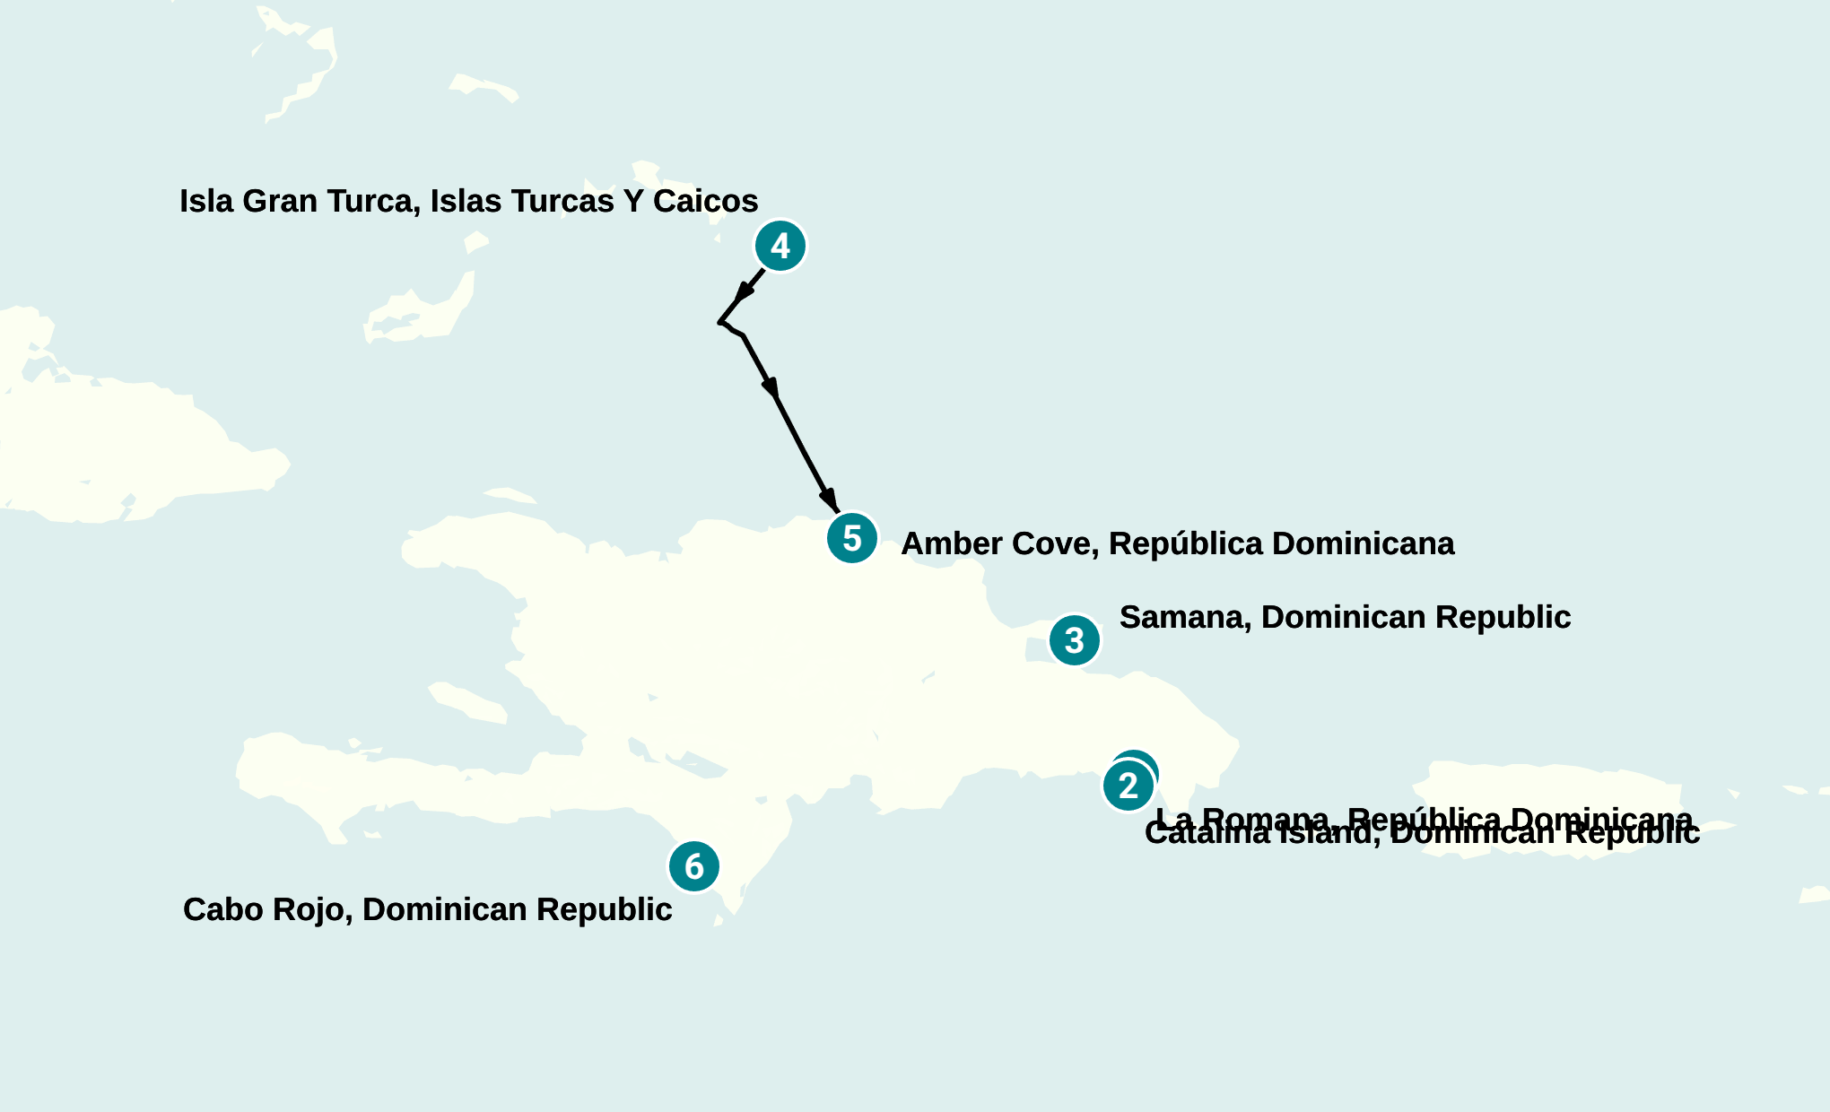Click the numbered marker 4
tap(780, 246)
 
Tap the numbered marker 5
tap(852, 538)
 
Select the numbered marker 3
tap(1074, 640)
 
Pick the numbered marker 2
tap(1128, 786)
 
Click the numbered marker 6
tap(694, 866)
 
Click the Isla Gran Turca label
tap(468, 201)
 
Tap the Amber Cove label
tap(1177, 543)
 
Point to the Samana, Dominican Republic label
tap(1345, 617)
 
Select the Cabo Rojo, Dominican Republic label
tap(427, 909)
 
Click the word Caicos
tap(705, 201)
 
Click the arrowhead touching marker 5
tap(829, 500)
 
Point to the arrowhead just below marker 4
tap(745, 292)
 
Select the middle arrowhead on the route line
tap(771, 387)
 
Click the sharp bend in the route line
tap(720, 322)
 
